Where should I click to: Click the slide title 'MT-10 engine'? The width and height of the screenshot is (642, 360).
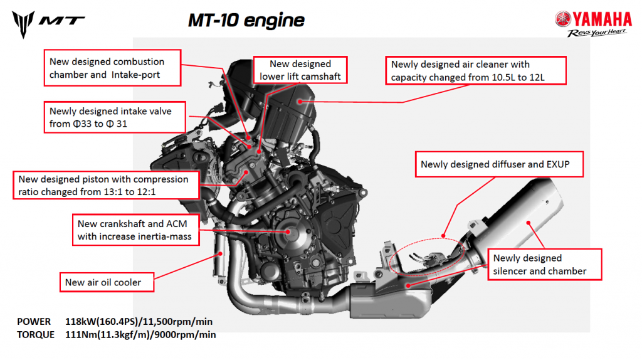[x=246, y=20]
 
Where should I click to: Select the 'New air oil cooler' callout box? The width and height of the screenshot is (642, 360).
[x=103, y=282]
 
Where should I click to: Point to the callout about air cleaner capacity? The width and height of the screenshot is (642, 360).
[x=477, y=71]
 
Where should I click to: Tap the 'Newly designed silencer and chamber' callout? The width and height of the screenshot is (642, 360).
[x=544, y=265]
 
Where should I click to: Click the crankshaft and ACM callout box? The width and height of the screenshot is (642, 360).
[x=134, y=230]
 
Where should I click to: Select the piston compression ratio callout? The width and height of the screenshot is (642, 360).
[x=107, y=185]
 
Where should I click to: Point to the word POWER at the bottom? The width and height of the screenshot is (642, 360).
[x=34, y=321]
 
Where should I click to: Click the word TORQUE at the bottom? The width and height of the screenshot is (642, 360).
[x=36, y=335]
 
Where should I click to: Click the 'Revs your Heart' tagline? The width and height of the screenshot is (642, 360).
[x=597, y=33]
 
